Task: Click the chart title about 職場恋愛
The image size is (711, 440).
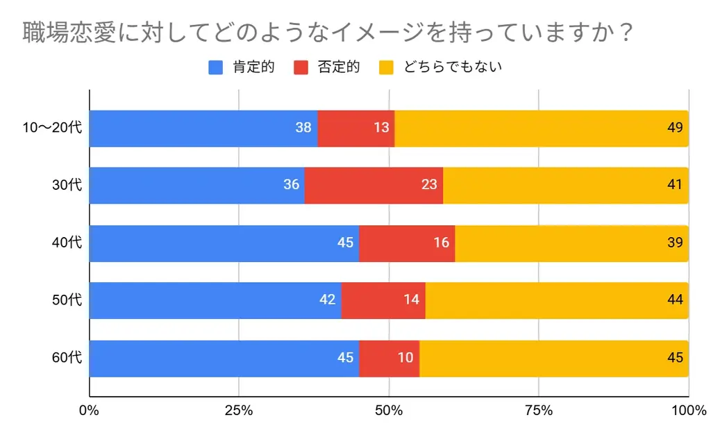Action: [x=327, y=33]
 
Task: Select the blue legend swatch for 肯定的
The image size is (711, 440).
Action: [x=216, y=67]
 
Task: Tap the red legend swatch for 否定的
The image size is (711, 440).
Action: [x=301, y=67]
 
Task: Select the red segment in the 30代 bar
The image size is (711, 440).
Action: [x=374, y=185]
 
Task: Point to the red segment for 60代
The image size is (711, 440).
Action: [x=389, y=358]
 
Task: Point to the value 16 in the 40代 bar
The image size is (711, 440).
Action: [x=442, y=243]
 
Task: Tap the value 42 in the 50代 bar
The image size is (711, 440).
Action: [x=328, y=300]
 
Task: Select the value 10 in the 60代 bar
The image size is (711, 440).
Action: [x=406, y=358]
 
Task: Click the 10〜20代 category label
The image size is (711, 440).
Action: [x=52, y=128]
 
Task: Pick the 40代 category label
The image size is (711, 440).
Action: [x=67, y=243]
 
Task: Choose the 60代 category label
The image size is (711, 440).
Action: [x=67, y=358]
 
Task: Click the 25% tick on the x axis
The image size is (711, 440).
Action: [x=239, y=410]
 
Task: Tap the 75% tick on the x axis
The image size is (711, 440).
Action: [x=539, y=410]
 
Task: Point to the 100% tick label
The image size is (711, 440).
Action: [x=688, y=410]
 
